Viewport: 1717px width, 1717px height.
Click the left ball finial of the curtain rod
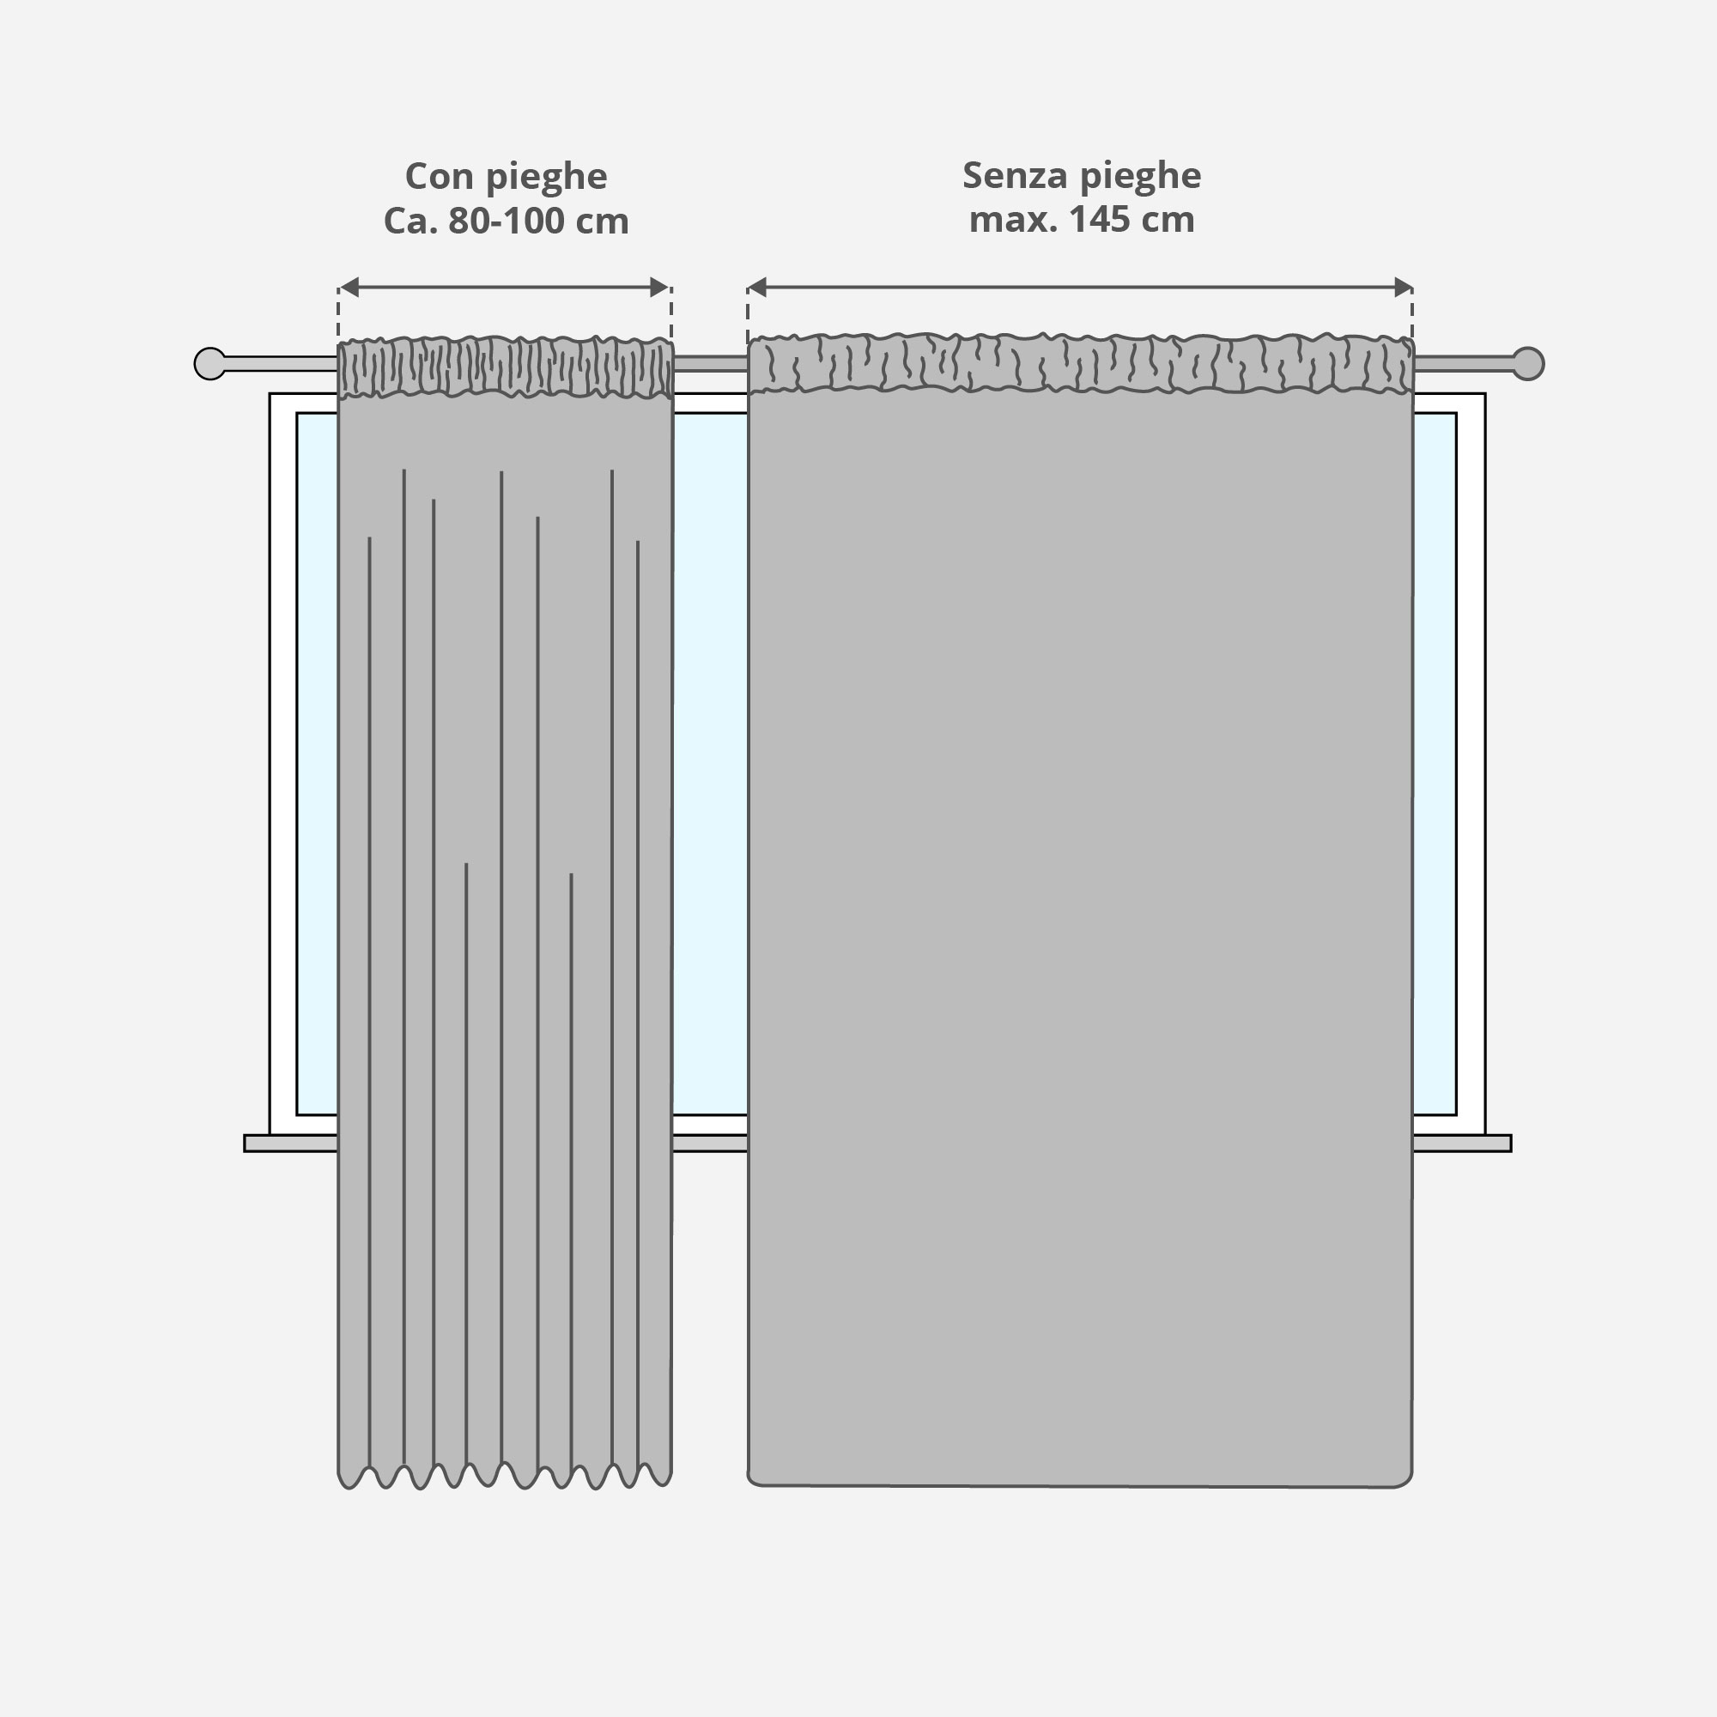click(x=209, y=363)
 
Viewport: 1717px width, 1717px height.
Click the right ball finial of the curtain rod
click(x=1528, y=363)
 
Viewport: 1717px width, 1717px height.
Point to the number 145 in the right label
click(x=1101, y=220)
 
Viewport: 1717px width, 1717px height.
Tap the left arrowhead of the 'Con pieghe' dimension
click(x=349, y=287)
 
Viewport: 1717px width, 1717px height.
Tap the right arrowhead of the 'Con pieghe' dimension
click(x=659, y=287)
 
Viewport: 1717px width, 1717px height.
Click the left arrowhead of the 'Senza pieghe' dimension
click(x=757, y=287)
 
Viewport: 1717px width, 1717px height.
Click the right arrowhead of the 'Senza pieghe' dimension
click(x=1404, y=287)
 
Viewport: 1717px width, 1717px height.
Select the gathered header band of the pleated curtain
click(x=505, y=367)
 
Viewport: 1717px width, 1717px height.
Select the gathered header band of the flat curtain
click(x=1080, y=363)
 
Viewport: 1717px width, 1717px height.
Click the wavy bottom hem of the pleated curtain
click(x=505, y=1477)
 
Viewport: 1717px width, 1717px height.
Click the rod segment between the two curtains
click(x=710, y=363)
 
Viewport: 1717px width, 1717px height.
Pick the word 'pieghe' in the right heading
click(x=1141, y=175)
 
